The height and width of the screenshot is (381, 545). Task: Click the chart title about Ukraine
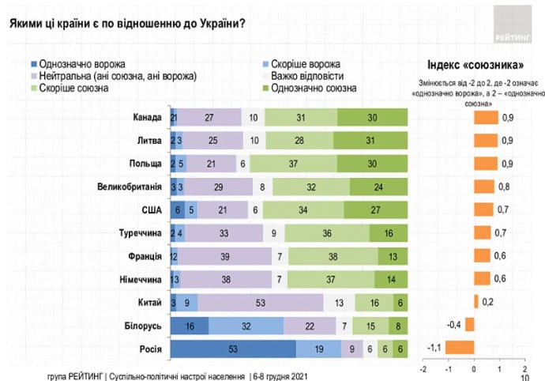pyautogui.click(x=126, y=22)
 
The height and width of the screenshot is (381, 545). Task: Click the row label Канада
pyautogui.click(x=148, y=119)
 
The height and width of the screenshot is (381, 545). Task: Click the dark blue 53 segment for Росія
pyautogui.click(x=233, y=347)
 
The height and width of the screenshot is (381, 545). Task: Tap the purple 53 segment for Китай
pyautogui.click(x=261, y=301)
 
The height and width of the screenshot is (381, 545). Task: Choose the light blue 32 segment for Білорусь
pyautogui.click(x=246, y=324)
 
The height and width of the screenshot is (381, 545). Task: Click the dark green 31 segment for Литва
pyautogui.click(x=370, y=141)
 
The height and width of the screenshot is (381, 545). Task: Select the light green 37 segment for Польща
pyautogui.click(x=293, y=164)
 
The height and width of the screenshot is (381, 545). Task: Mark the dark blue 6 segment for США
pyautogui.click(x=179, y=210)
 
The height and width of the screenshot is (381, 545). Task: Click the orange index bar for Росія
pyautogui.click(x=460, y=347)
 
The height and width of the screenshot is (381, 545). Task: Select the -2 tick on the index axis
pyautogui.click(x=423, y=368)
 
